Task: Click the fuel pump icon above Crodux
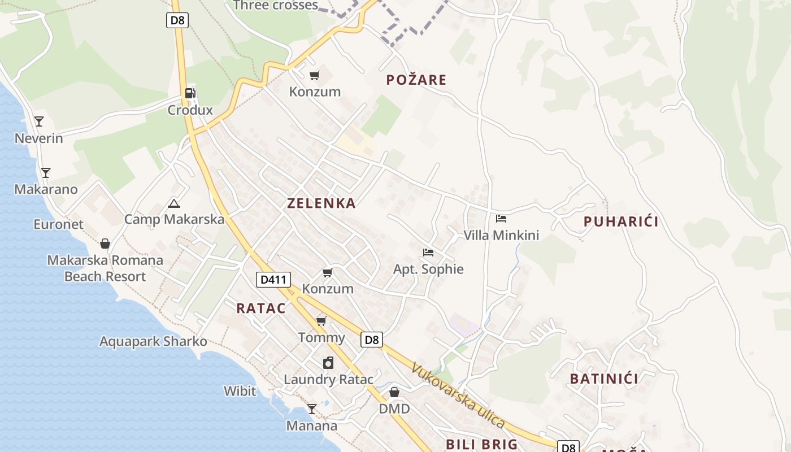pos(190,93)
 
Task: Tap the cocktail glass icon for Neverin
pos(38,121)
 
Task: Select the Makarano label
pos(46,189)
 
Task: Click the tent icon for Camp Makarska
pos(173,203)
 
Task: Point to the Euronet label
pos(58,224)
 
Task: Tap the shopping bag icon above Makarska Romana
pos(105,244)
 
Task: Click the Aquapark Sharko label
pos(153,341)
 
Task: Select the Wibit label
pos(240,391)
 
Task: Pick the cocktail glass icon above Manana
pos(312,408)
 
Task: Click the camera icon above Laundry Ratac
pos(328,362)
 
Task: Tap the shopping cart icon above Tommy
pos(321,321)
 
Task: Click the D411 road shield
pos(273,279)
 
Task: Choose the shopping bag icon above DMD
pos(394,392)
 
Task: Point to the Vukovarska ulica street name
pos(458,395)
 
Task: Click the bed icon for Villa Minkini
pos(501,218)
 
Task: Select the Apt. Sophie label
pos(428,269)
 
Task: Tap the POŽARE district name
pos(416,80)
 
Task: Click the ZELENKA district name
pos(321,203)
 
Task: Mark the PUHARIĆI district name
pos(621,221)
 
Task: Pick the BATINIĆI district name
pos(604,379)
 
